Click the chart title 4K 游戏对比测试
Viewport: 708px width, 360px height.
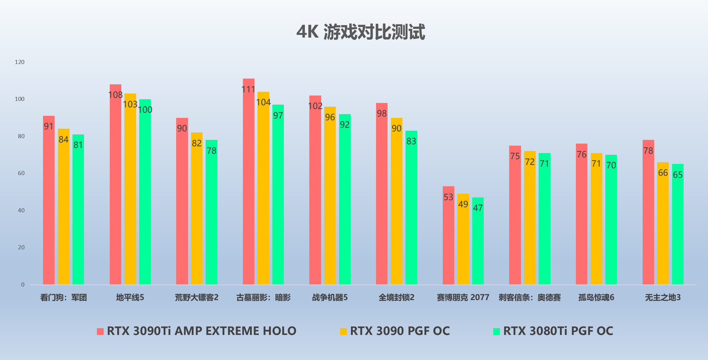point(360,32)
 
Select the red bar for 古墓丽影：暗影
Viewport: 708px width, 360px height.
point(249,183)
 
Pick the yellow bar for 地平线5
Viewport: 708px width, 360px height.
point(130,190)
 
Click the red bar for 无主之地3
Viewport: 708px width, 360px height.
point(648,213)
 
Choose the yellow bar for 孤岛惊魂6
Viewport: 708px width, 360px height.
point(596,220)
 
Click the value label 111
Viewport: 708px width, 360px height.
point(248,89)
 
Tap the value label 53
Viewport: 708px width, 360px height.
point(448,197)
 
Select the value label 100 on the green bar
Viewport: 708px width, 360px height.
point(145,110)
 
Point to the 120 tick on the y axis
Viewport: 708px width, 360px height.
point(20,62)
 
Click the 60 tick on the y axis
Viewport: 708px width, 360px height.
point(21,173)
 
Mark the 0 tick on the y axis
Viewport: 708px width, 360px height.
point(23,284)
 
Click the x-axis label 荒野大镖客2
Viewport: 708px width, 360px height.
point(196,297)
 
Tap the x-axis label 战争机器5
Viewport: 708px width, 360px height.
point(330,297)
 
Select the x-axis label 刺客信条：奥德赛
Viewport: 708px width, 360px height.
point(529,297)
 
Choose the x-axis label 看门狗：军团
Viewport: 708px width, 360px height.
point(63,297)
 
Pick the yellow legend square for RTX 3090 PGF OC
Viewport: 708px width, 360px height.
point(343,332)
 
